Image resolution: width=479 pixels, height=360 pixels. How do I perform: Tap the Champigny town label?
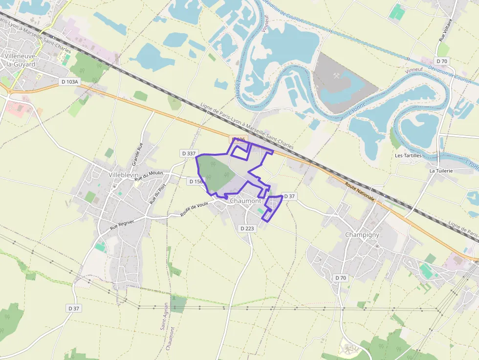coord(362,234)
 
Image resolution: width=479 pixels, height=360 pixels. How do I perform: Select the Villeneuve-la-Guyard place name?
coord(20,60)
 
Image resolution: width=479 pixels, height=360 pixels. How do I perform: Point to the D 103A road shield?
coord(70,82)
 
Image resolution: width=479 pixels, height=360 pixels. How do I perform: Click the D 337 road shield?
coord(189,153)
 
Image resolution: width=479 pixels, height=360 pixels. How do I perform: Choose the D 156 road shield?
coord(195,181)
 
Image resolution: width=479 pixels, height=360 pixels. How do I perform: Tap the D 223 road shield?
coord(248,228)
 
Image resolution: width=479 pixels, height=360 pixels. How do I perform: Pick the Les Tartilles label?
coord(408,155)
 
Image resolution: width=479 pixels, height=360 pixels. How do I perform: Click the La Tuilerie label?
coord(441,171)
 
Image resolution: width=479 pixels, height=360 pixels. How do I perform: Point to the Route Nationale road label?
coord(360,192)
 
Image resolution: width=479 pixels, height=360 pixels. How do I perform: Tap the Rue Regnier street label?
coord(122,225)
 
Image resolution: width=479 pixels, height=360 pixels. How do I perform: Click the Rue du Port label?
coord(155,193)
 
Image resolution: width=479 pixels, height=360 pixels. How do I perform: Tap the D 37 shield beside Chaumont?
coord(289,196)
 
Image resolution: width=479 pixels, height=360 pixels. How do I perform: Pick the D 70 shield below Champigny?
coord(341,277)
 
